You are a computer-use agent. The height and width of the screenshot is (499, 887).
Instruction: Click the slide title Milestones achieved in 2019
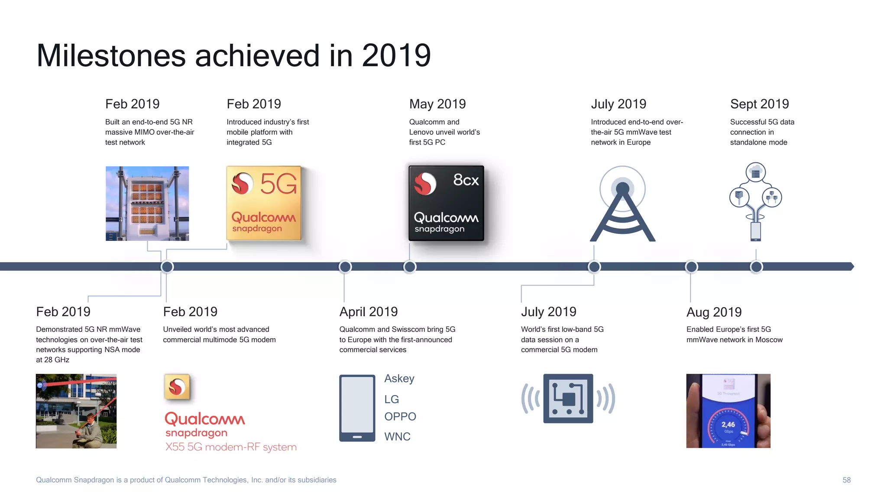point(233,55)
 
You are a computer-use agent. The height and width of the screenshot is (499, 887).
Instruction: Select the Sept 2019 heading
point(759,104)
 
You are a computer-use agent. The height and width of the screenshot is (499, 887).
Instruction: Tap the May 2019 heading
point(437,104)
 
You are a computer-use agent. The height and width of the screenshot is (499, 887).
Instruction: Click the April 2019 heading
point(368,311)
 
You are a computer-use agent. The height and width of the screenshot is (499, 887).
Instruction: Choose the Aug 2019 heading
point(714,312)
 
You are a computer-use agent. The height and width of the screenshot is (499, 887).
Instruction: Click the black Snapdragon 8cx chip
point(446,203)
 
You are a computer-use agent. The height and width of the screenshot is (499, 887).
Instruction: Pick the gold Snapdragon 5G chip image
point(264,203)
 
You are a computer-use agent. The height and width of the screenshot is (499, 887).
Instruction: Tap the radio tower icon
point(622,204)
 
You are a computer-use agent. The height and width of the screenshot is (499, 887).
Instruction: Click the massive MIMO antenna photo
point(147,203)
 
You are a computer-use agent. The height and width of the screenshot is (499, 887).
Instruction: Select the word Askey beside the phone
point(399,379)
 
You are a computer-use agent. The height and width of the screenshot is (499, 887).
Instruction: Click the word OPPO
point(400,416)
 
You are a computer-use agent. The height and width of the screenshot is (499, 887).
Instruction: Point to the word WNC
point(397,437)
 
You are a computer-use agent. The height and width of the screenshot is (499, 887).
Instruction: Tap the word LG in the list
point(392,399)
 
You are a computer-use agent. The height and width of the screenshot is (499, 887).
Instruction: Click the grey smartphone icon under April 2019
point(357,408)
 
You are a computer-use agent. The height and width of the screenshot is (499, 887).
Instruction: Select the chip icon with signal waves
point(568,399)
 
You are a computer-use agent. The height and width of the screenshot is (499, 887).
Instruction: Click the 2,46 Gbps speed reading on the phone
point(728,425)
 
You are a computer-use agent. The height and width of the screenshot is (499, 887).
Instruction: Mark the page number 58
point(846,480)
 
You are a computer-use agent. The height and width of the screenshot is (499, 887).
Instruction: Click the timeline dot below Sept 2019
point(756,267)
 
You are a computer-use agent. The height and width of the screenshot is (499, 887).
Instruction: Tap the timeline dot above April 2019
point(345,267)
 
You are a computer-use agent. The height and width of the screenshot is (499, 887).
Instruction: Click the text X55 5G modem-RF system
point(231,447)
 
